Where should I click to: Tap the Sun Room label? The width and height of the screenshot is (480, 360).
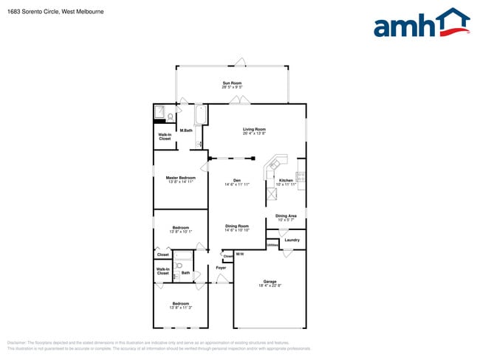[232, 83]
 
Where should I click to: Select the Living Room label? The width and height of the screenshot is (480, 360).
[254, 129]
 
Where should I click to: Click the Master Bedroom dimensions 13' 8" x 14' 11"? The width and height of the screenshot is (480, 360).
[180, 181]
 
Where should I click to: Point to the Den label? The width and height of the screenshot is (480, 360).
[237, 180]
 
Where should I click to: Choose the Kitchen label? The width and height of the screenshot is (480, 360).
[286, 180]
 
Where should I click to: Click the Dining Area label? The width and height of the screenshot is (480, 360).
[286, 215]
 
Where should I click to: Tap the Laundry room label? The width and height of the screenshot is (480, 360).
[292, 240]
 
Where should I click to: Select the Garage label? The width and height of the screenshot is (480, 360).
[270, 281]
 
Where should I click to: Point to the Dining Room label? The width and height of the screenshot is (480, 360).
[237, 226]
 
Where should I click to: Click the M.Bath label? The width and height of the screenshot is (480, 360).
[186, 131]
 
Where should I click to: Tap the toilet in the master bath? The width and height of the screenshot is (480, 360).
[171, 116]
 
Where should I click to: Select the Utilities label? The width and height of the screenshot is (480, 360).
[272, 244]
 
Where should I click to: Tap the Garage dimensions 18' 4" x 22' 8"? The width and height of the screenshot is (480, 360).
[270, 285]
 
